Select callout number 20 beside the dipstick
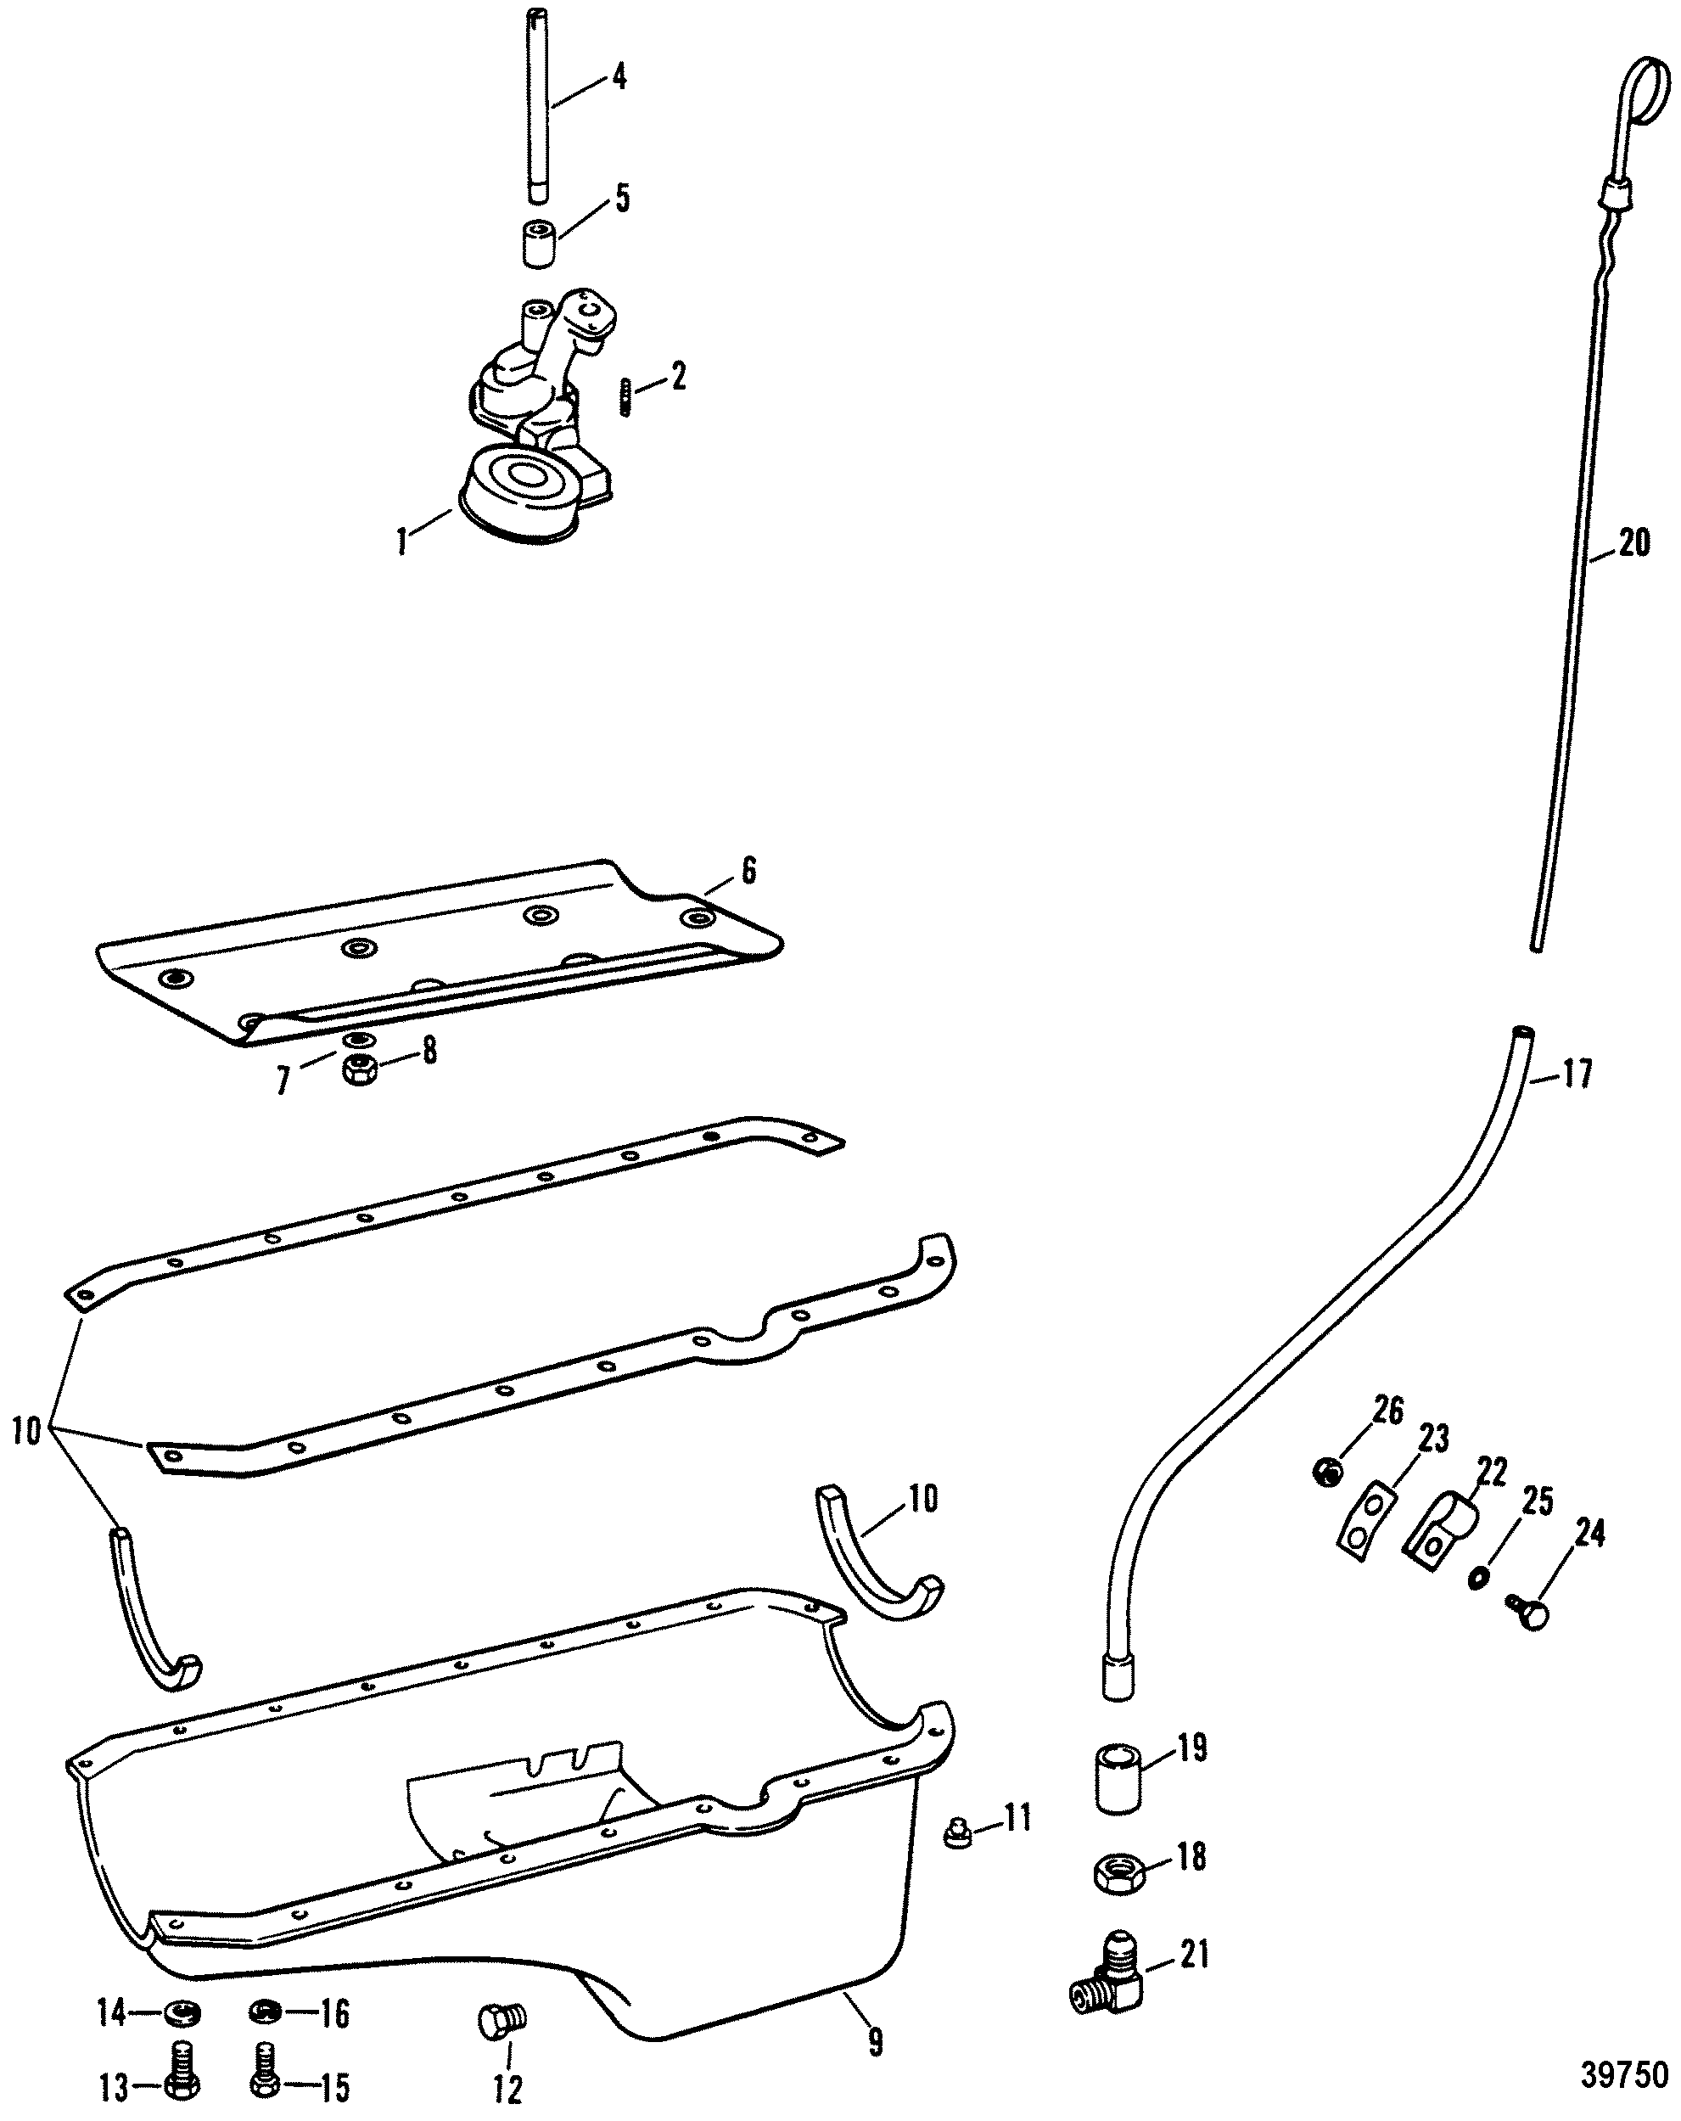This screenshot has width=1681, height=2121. click(1633, 542)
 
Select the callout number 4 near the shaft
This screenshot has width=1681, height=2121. click(619, 76)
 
